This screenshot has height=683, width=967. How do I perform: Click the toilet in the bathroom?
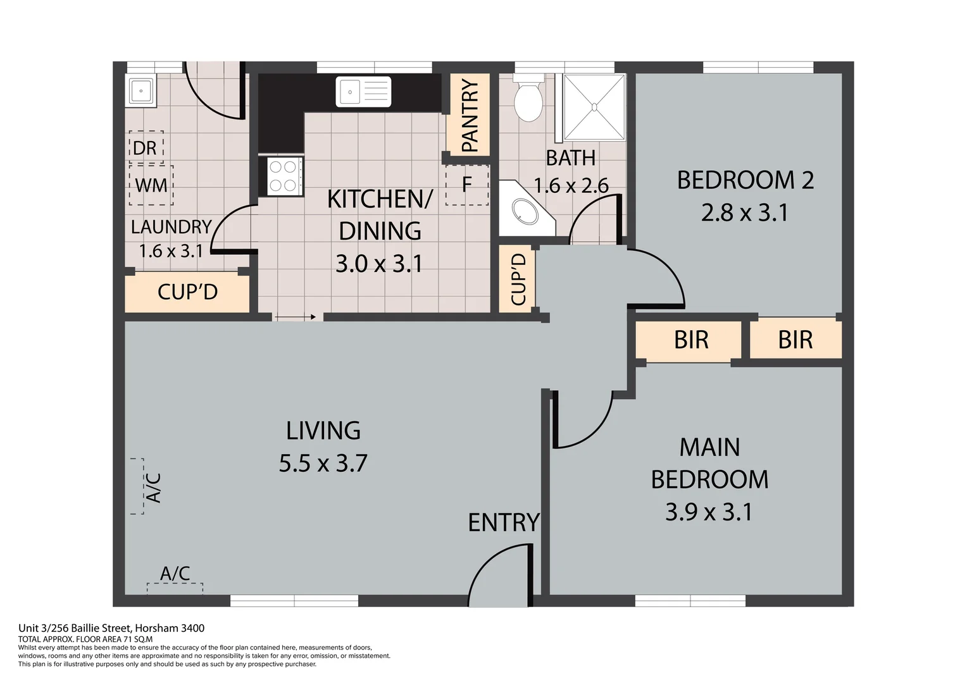coord(528,99)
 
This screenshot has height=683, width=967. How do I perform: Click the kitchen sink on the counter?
coord(363,92)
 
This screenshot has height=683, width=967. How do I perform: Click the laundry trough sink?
coord(140,91)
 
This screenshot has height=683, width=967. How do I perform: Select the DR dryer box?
coord(146,147)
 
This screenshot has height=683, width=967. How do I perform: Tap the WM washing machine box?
coord(151,185)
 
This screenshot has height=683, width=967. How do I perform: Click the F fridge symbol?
coord(467,185)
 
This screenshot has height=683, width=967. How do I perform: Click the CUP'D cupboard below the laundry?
coord(187,292)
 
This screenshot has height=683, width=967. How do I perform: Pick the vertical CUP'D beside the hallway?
coord(518,279)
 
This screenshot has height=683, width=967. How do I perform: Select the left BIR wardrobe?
coord(690,340)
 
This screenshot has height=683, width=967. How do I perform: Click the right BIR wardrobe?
coord(795,340)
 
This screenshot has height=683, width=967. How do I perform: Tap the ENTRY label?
coord(504,523)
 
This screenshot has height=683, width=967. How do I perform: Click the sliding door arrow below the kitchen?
coord(296,317)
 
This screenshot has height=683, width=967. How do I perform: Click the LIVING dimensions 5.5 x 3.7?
coord(323,464)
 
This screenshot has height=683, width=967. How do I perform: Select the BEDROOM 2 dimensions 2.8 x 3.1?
coord(745,212)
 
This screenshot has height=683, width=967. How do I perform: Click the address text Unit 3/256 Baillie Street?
coord(111,628)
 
